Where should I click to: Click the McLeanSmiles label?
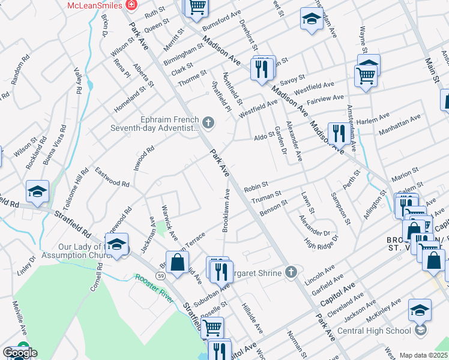pos(95,5)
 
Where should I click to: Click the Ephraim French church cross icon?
pos(208,123)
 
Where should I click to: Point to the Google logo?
pos(20,353)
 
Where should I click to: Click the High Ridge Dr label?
pos(322,242)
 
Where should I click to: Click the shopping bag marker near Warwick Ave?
pos(178,263)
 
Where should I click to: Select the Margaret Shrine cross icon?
pos(291,273)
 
